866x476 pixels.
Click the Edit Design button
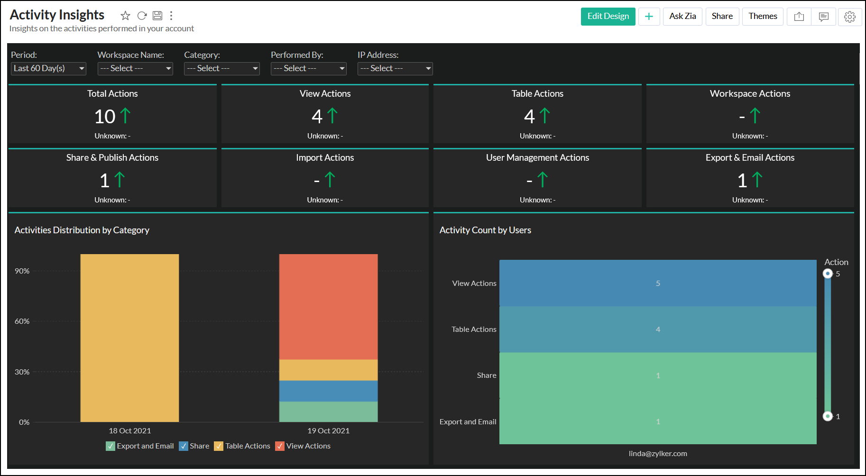pos(608,17)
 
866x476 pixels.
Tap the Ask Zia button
pos(682,17)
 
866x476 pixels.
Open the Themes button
pos(762,17)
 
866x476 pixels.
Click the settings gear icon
pos(849,17)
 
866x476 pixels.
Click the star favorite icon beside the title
pos(125,16)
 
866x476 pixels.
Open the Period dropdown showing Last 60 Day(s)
pos(48,69)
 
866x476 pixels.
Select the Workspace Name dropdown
pos(135,69)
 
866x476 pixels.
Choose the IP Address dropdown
pos(395,69)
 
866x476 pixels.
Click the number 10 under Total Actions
pos(105,117)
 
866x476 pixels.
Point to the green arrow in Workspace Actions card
pos(755,116)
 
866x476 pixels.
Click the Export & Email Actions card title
pos(750,158)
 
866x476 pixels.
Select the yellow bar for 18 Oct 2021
pos(129,338)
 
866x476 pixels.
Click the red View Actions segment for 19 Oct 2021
pos(328,306)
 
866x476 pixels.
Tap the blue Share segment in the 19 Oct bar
pos(328,391)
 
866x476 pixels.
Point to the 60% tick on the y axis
pos(22,321)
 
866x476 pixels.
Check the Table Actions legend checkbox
pos(219,446)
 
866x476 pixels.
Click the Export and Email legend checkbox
pos(111,446)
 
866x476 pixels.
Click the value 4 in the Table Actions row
pos(658,330)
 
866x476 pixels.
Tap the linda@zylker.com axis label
pos(658,454)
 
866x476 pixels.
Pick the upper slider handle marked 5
pos(828,274)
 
